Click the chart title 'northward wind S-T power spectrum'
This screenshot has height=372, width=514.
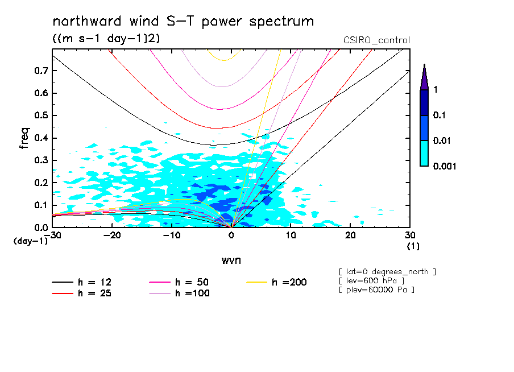[x=183, y=22]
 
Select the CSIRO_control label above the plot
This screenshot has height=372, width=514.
[x=376, y=40]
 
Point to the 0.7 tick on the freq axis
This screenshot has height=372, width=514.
[x=41, y=71]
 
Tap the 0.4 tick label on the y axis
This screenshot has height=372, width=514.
[x=41, y=138]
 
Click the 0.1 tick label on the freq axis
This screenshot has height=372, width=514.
[x=41, y=205]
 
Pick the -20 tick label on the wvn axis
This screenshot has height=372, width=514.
[x=112, y=235]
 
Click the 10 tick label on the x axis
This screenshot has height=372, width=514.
[x=291, y=235]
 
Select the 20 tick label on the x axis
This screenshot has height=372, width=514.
[x=350, y=235]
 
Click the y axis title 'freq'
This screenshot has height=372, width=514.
[x=24, y=138]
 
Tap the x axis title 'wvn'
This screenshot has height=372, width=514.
[x=231, y=261]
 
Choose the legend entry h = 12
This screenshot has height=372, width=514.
[x=82, y=282]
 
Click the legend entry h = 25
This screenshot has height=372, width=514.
[x=82, y=294]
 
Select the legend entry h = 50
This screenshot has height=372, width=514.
[x=179, y=282]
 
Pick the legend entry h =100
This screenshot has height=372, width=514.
[x=179, y=294]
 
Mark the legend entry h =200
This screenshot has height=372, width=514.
[x=277, y=282]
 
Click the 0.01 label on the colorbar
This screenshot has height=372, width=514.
[x=442, y=140]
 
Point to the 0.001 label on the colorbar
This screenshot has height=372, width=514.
[x=445, y=166]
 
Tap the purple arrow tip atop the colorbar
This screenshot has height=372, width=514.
[x=425, y=64]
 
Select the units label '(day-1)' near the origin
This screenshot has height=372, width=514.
[x=30, y=241]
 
